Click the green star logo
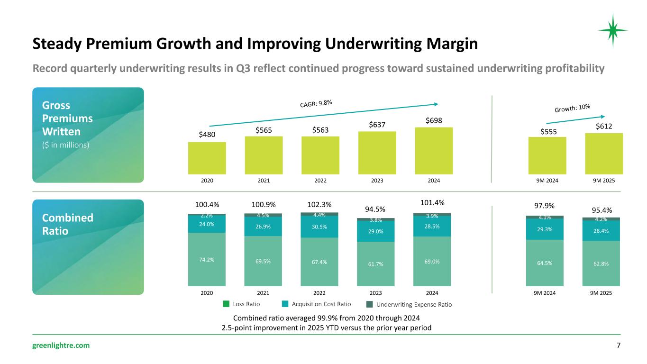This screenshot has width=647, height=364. (x=612, y=30)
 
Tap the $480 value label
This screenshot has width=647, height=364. (x=207, y=134)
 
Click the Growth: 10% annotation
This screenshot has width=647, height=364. (x=572, y=109)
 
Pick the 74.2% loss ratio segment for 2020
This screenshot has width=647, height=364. (x=207, y=259)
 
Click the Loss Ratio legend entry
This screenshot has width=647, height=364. (x=241, y=304)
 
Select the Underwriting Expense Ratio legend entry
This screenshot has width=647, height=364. (x=410, y=304)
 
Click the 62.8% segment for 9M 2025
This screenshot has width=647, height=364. (x=601, y=263)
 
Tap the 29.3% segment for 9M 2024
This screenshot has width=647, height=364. (x=545, y=229)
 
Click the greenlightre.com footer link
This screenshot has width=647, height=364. (x=61, y=346)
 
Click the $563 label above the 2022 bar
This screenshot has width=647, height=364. (x=320, y=129)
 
